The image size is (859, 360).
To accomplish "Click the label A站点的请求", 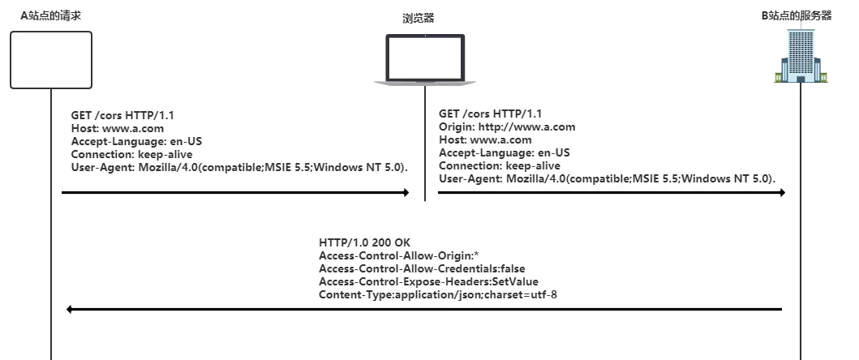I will [50, 15].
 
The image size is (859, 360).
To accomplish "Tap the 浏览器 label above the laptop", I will [419, 18].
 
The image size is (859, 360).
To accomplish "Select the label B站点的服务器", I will [801, 15].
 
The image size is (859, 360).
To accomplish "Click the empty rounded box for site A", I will [50, 59].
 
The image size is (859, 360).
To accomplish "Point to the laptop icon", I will [424, 59].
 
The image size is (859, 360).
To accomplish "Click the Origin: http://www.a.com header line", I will [507, 126].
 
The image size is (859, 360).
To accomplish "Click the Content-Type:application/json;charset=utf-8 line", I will [438, 295].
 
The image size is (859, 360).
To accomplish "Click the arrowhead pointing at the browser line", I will [405, 193].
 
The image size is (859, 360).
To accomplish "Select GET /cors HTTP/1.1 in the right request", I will [490, 114].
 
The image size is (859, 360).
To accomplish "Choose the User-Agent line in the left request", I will [239, 167].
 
